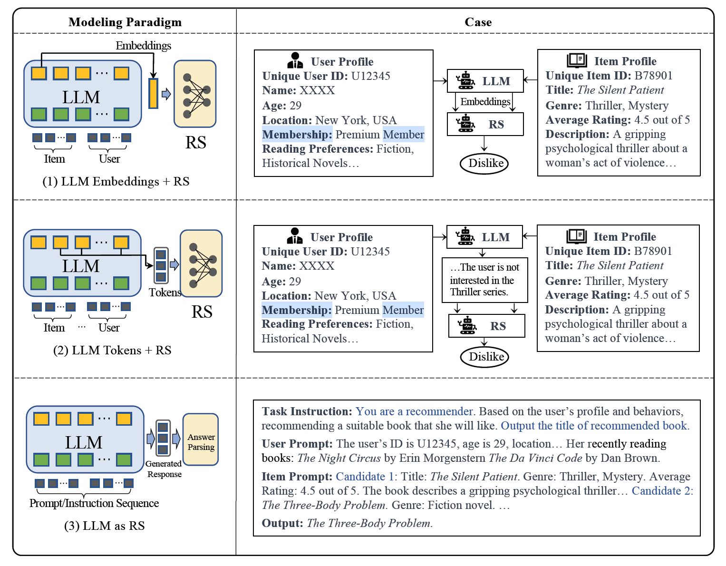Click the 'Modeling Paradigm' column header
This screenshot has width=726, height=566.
click(125, 22)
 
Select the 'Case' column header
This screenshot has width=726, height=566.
click(478, 22)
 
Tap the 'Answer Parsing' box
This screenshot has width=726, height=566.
click(201, 442)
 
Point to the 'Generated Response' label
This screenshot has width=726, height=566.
click(164, 469)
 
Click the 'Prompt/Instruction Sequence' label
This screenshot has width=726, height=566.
click(94, 503)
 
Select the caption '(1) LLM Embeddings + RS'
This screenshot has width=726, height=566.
click(116, 182)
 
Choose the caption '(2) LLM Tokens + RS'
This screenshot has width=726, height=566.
click(112, 351)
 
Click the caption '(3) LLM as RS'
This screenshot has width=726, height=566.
click(105, 526)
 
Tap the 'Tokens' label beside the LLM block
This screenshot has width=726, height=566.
click(165, 293)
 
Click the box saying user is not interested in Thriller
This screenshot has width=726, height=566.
click(484, 280)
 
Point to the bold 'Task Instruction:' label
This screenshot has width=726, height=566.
click(307, 411)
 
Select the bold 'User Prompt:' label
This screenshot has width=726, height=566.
click(297, 444)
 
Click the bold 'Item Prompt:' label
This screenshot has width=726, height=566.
click(297, 477)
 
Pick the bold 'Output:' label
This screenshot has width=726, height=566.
click(282, 523)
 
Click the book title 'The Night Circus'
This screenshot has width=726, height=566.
click(339, 458)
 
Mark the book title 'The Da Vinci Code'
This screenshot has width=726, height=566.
click(535, 458)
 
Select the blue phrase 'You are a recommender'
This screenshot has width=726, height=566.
click(414, 411)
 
